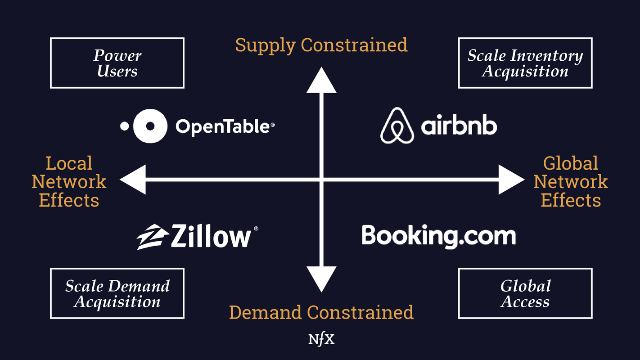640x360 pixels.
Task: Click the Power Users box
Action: (117, 63)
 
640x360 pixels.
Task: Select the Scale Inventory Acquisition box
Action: (525, 63)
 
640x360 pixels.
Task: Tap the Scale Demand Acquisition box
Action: (117, 293)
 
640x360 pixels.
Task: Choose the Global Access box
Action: (525, 293)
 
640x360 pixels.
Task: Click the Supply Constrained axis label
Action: (321, 45)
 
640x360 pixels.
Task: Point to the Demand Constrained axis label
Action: (321, 312)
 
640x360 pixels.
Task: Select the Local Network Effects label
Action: (69, 181)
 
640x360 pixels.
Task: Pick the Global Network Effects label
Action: (570, 181)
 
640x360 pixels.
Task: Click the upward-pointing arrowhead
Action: (321, 80)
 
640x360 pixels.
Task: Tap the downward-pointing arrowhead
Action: (321, 279)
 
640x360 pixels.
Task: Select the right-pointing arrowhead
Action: (511, 180)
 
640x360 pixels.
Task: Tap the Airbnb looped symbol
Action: (397, 126)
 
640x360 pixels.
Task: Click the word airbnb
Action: (459, 126)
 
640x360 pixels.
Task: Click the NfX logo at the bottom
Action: (321, 339)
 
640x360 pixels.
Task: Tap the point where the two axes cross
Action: (321, 180)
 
